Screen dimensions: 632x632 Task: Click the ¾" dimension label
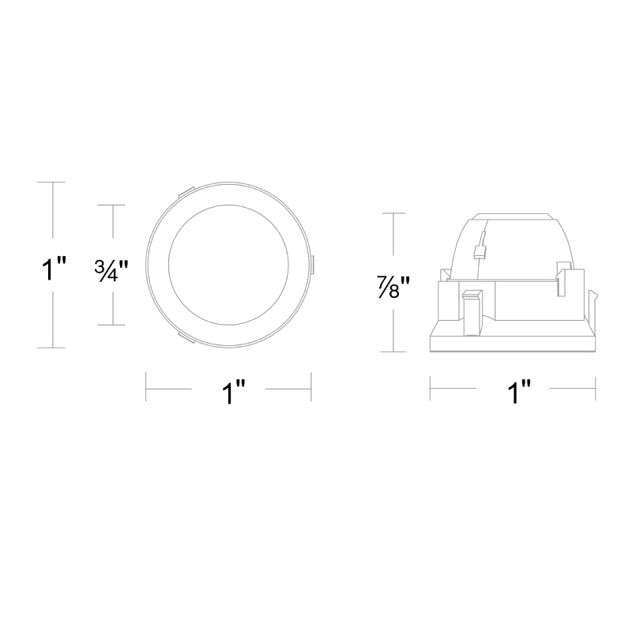pos(111,269)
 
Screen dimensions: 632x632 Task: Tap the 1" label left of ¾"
pos(53,269)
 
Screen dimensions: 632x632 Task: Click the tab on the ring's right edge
pos(312,266)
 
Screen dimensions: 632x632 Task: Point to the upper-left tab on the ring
pos(186,192)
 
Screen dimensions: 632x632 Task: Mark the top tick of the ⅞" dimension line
pos(393,213)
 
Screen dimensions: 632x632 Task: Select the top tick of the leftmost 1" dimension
pos(53,182)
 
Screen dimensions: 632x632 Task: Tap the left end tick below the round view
pos(147,388)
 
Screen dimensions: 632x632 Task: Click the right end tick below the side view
pos(594,388)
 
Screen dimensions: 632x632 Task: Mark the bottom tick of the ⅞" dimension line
pos(393,352)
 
